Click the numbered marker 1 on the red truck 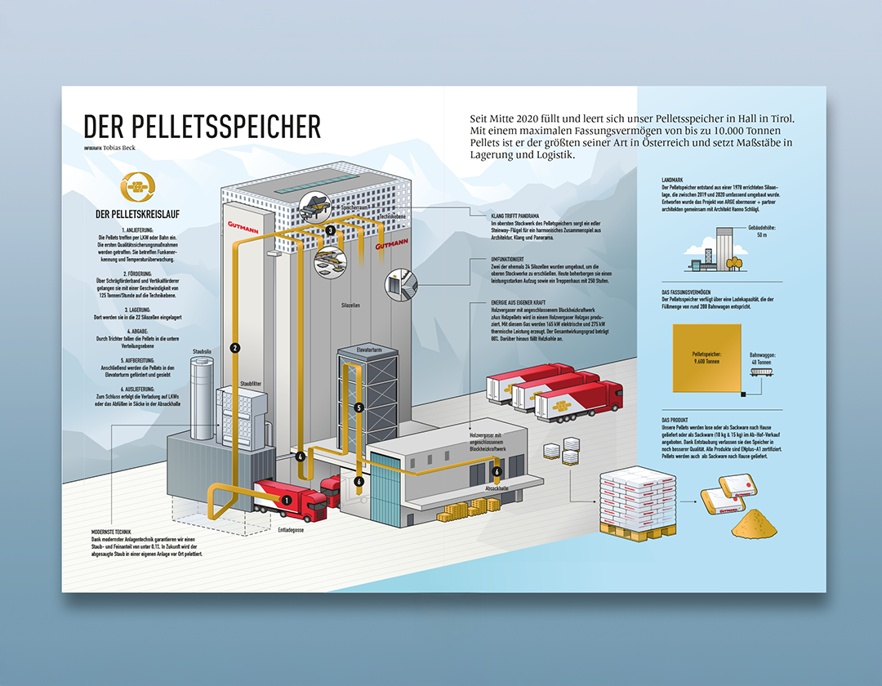[287, 500]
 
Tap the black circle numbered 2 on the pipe [235, 348]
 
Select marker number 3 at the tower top [330, 231]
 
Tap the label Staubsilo [203, 351]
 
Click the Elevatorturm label [369, 350]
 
